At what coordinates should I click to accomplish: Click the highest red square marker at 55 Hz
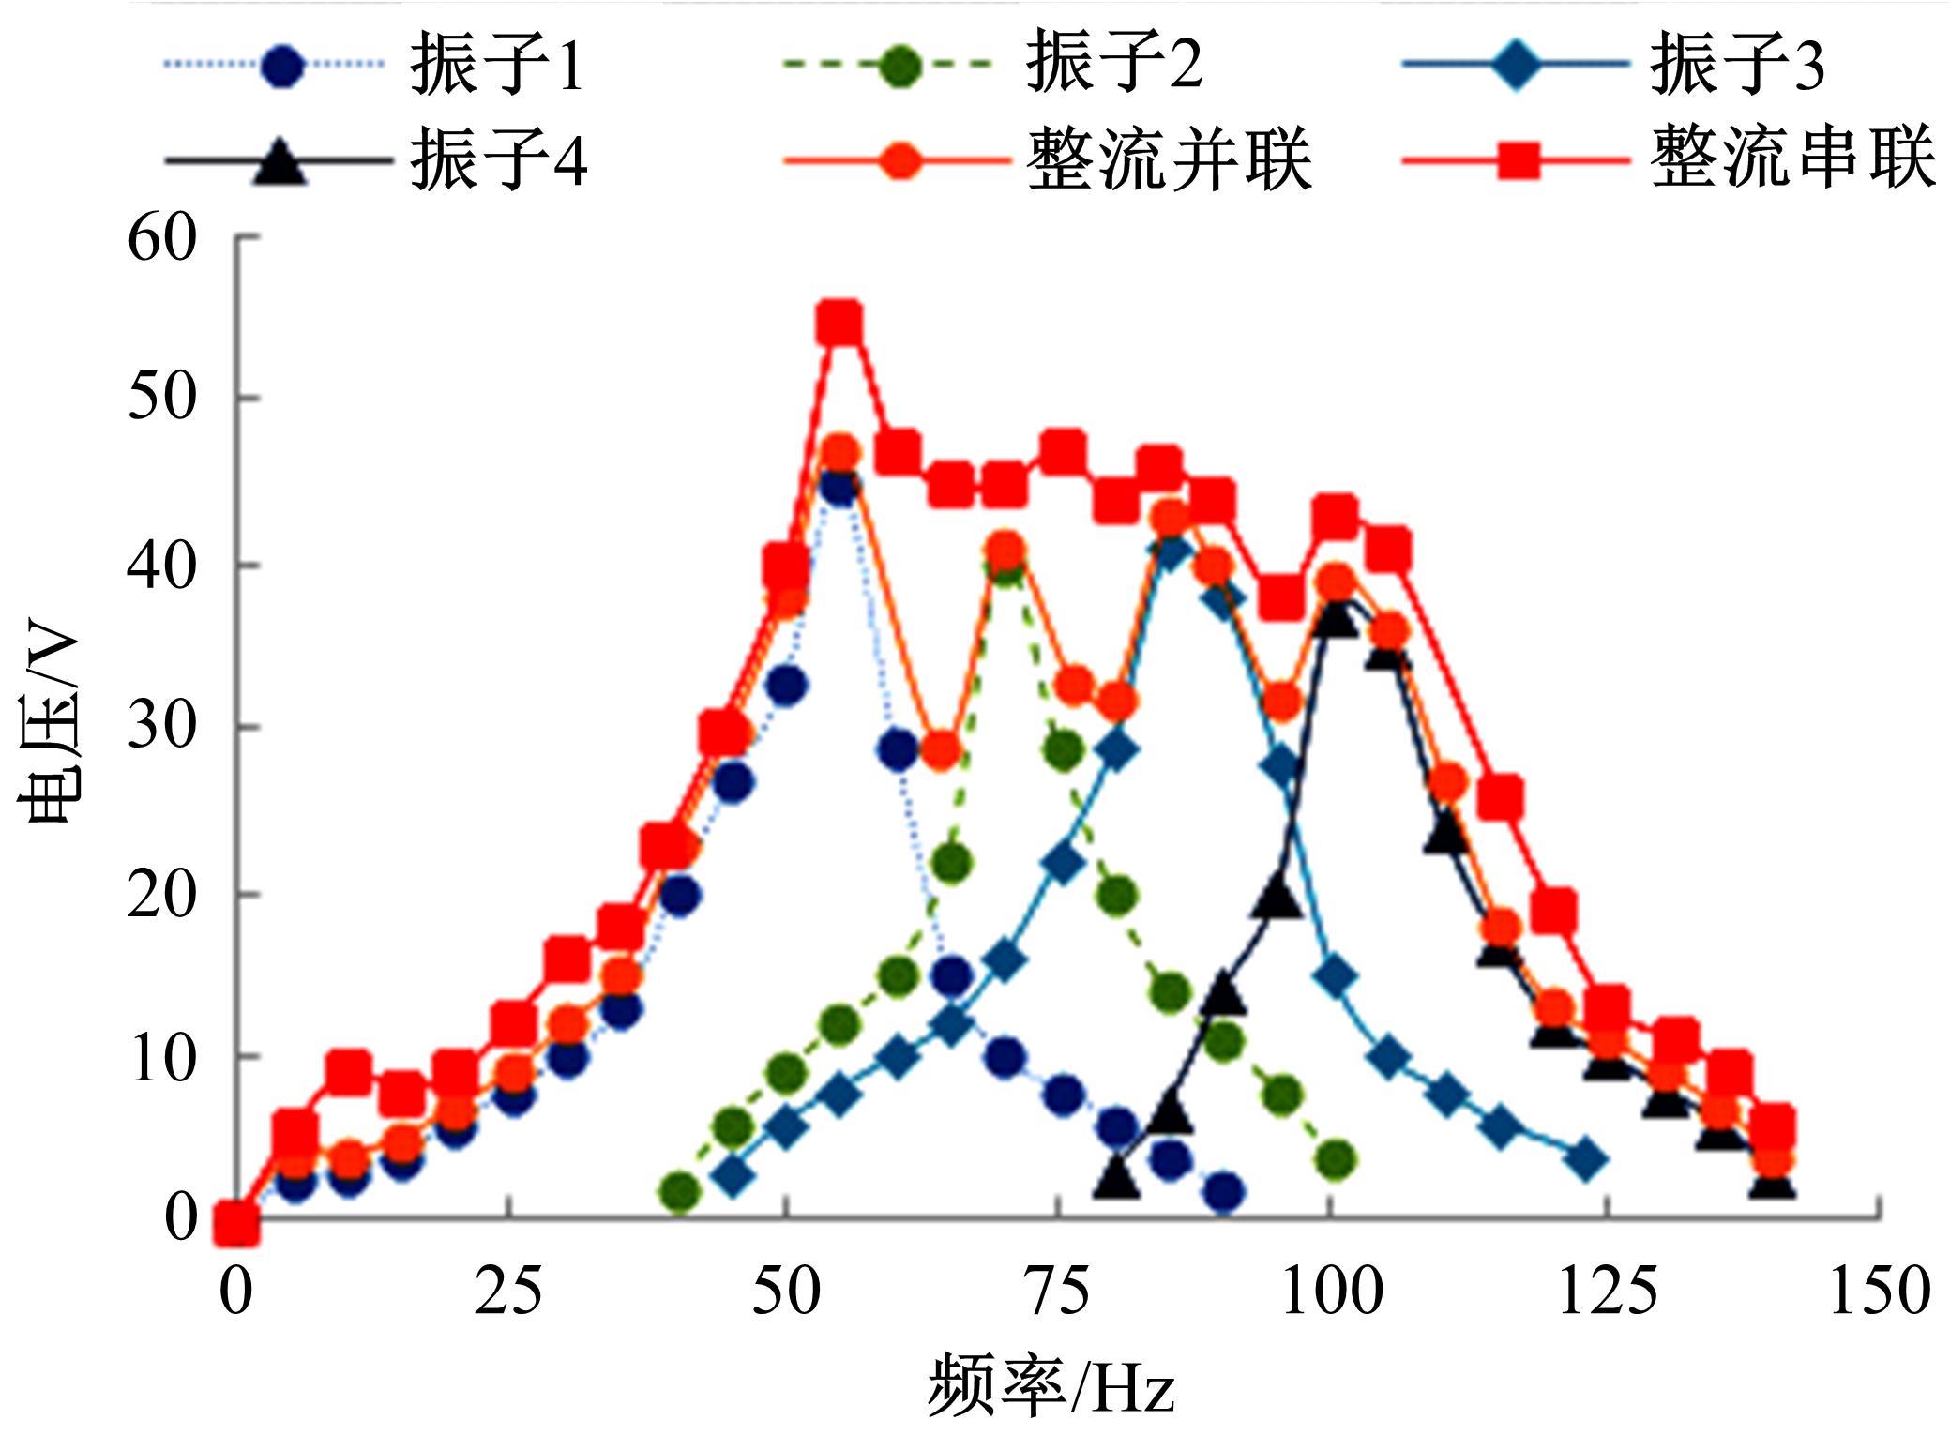[x=839, y=325]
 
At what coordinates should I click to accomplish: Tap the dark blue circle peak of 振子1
[x=839, y=486]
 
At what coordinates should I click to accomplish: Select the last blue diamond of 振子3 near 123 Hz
[x=1586, y=1160]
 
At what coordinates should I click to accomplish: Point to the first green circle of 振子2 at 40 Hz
[x=680, y=1192]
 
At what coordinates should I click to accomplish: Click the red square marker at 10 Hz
[x=348, y=1071]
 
